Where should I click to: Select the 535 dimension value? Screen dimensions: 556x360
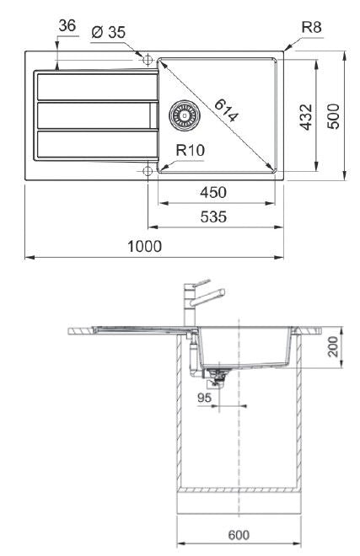tap(215, 217)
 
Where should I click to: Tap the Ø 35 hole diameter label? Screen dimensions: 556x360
tap(107, 32)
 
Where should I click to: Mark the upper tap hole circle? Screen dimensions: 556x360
tap(149, 60)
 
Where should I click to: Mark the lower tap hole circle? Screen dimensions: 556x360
tap(149, 171)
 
